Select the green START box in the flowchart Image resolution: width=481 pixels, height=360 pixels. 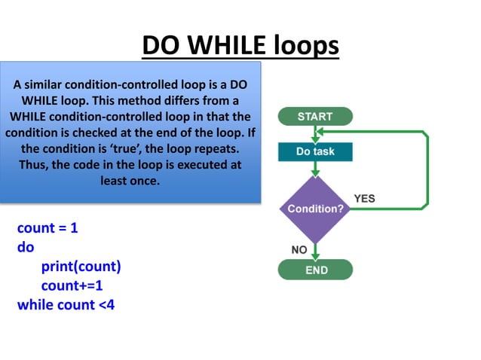tap(314, 117)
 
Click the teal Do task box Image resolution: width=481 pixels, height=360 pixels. tap(314, 151)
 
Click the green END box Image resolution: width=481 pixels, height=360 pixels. tap(315, 270)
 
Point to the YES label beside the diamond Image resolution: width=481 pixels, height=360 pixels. tap(364, 199)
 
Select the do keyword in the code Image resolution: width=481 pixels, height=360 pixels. tap(26, 246)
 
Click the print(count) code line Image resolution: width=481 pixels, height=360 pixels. tap(81, 266)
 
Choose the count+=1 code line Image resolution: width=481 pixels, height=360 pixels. tap(73, 285)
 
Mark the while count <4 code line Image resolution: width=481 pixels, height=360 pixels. tap(66, 305)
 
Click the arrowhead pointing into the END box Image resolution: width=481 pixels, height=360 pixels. tap(315, 255)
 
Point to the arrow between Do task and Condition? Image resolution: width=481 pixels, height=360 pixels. tap(315, 169)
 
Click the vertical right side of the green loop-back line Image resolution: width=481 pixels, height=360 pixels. tap(427, 169)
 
